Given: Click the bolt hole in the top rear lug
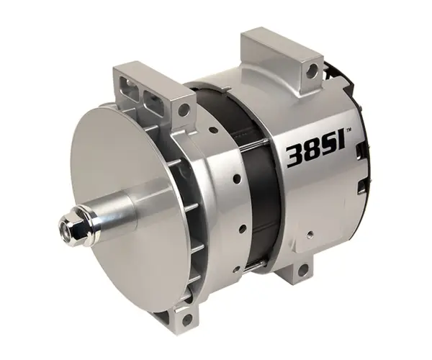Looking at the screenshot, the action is click(312, 68).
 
